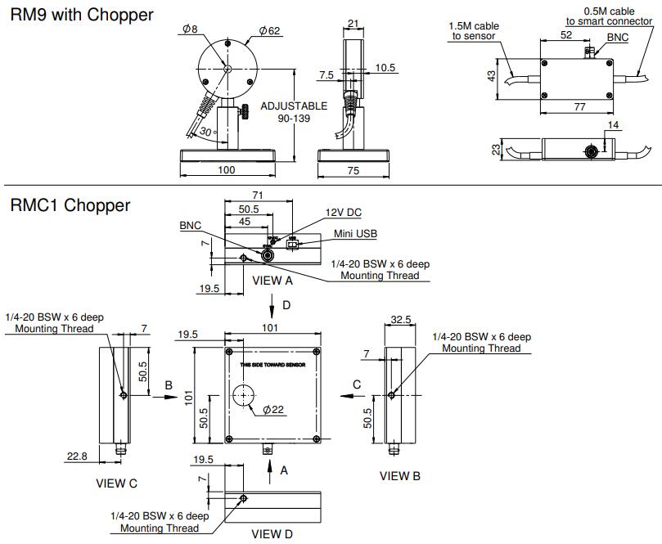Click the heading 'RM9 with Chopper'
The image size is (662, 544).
click(x=82, y=16)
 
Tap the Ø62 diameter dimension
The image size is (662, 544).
click(x=269, y=31)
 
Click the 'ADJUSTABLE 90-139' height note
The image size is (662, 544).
click(x=293, y=113)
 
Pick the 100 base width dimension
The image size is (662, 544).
click(x=227, y=169)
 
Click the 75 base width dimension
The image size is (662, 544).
click(x=353, y=169)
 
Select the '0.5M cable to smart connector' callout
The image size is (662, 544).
click(x=610, y=16)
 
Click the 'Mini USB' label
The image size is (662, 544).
click(x=353, y=234)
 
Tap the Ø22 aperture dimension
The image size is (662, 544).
click(x=273, y=410)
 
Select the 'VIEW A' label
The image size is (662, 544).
click(x=272, y=280)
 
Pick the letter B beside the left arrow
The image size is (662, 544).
click(x=168, y=384)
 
